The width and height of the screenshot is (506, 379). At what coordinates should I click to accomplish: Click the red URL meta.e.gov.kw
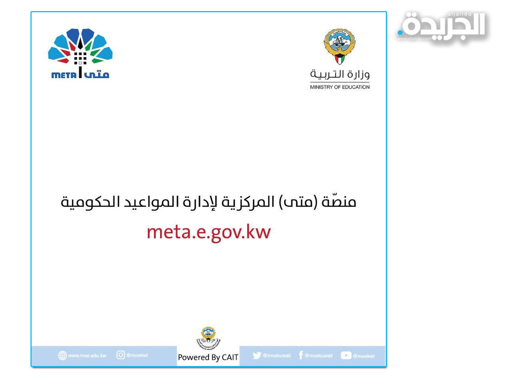coord(208,232)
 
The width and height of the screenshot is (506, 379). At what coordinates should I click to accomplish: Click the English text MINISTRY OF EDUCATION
coord(340,87)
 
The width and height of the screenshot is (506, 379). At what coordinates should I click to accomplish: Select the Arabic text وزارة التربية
coord(340,74)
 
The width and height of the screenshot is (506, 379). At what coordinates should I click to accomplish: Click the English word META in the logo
coord(63,75)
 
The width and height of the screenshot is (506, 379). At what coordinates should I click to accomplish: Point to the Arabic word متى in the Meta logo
coord(96,74)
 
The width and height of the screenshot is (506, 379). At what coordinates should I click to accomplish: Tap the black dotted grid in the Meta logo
coord(80,58)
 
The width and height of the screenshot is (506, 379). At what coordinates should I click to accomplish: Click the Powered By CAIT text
coord(208,357)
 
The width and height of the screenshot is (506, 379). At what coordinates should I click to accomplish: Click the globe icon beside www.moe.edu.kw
coord(62,356)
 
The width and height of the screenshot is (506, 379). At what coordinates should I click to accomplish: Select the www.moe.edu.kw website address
coord(87,356)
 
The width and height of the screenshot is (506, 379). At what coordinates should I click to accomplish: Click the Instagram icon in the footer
coord(121,355)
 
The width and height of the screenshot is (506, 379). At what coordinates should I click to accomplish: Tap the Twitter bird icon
coord(257,356)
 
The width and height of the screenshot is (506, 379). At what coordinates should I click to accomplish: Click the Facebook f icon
coord(301,355)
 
